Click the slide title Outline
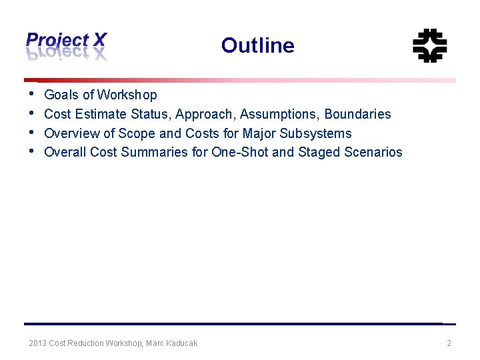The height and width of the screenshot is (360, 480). [257, 45]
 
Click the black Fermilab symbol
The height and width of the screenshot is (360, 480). [429, 45]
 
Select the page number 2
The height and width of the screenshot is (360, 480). [449, 343]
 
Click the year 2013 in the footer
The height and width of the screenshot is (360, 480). [37, 343]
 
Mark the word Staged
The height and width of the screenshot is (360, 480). [319, 153]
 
